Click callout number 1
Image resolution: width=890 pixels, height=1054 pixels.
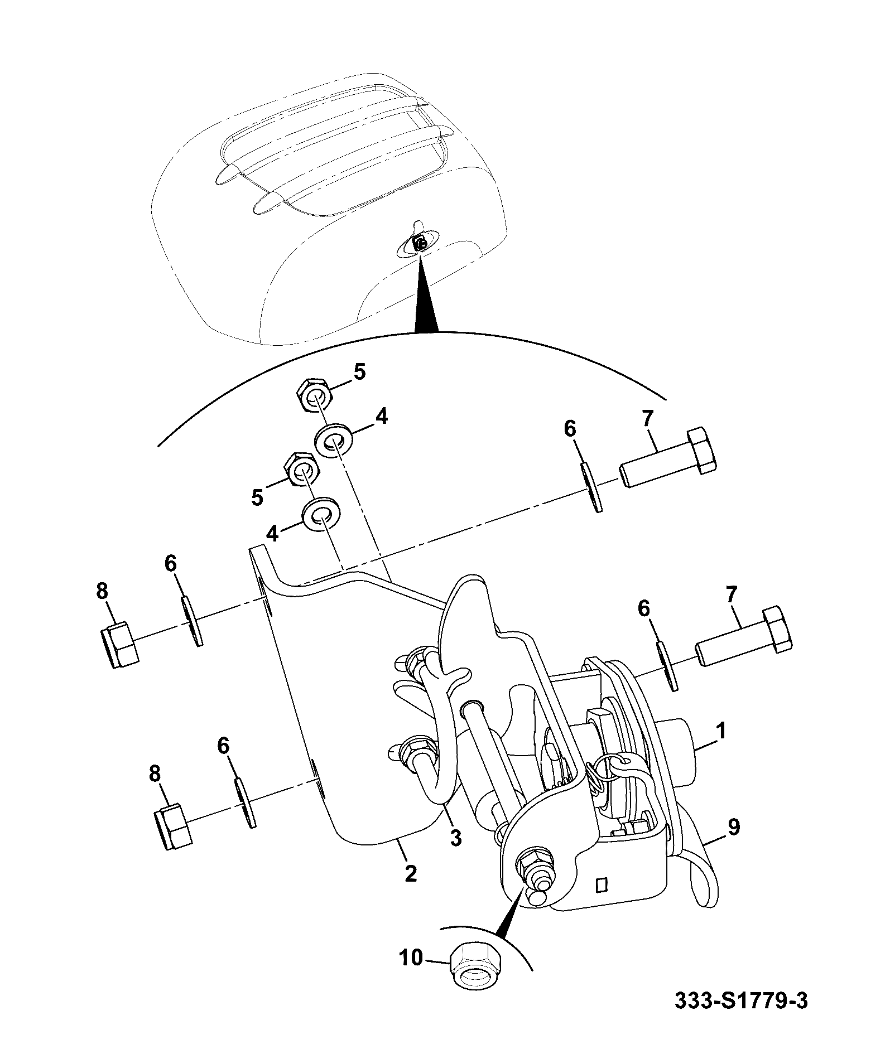pos(721,731)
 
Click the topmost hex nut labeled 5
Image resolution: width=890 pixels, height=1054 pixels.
pos(314,395)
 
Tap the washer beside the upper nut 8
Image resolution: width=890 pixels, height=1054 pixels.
pos(191,621)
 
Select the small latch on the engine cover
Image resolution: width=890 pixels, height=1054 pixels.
pos(420,242)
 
